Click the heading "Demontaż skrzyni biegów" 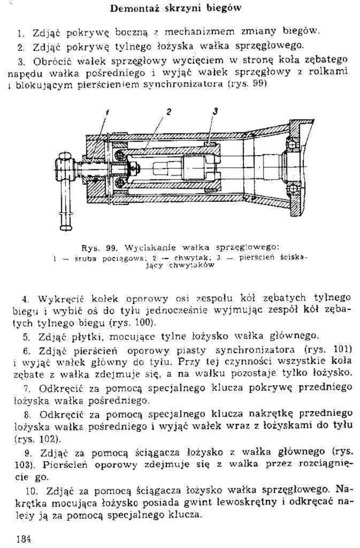coord(175,8)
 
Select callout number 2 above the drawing coord(168,112)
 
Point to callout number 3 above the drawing coord(216,111)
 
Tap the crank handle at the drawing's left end coord(66,191)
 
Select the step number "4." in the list coord(25,300)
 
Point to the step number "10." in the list coord(32,491)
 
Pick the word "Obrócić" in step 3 coord(52,62)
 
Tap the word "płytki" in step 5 coord(82,337)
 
